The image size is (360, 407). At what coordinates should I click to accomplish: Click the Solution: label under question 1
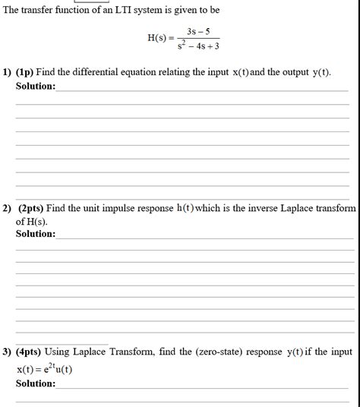pos(35,86)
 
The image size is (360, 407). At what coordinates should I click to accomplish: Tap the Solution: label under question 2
pos(35,233)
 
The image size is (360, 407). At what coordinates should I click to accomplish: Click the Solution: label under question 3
pos(35,383)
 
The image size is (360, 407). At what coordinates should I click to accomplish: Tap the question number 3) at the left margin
pos(7,352)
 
